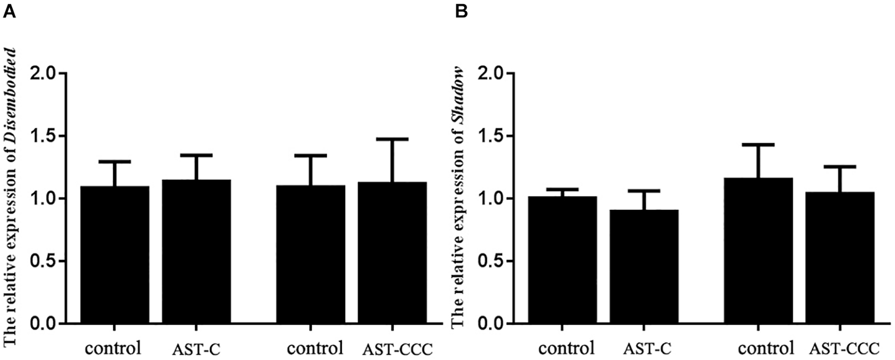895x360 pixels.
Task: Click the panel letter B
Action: pos(461,11)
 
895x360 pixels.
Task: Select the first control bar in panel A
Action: pos(115,254)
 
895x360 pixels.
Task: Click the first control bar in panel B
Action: pos(562,260)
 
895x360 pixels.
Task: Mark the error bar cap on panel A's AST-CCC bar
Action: pos(392,139)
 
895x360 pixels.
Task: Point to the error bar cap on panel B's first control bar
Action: pos(562,189)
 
